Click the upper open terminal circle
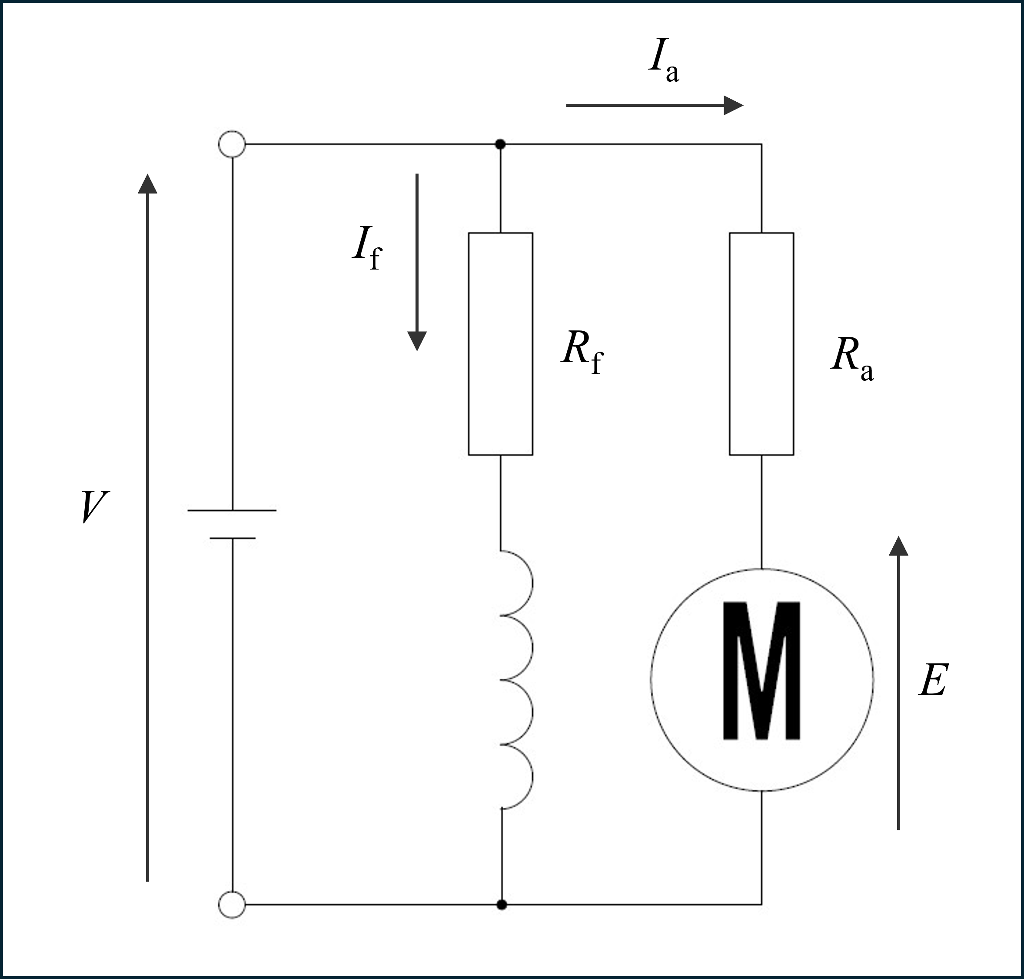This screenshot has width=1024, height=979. pos(232,144)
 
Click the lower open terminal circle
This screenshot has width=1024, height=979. pos(232,904)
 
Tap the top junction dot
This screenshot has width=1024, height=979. pos(500,144)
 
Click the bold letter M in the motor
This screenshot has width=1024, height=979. pos(761,671)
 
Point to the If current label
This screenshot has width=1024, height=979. pos(367,248)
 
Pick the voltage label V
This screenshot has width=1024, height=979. pos(95,506)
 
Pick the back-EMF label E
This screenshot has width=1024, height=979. pos(933,680)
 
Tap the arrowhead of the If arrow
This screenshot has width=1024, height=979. pos(417,341)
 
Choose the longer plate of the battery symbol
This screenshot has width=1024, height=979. pos(232,510)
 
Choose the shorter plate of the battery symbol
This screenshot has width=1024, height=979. pos(232,537)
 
